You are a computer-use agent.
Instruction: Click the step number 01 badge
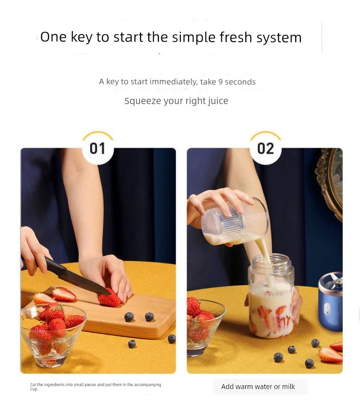(97, 148)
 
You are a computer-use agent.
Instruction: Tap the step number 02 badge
(265, 148)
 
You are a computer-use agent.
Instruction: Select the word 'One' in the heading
(53, 37)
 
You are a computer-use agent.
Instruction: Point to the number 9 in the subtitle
(220, 82)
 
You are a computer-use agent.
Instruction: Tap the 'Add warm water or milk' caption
(258, 387)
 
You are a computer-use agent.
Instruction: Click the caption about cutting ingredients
(96, 387)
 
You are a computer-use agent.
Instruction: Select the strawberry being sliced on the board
(110, 298)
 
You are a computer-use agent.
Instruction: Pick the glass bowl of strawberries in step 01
(53, 331)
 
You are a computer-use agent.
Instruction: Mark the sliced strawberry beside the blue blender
(331, 354)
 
